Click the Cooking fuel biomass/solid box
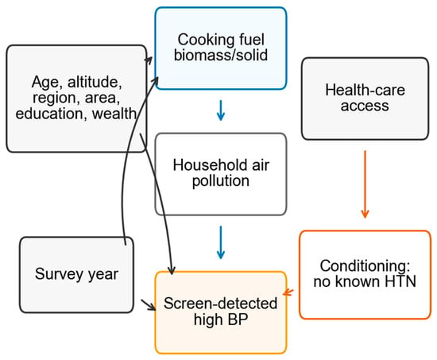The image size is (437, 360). (x=221, y=48)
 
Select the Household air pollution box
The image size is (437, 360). (x=221, y=174)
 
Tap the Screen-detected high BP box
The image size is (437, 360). (x=221, y=312)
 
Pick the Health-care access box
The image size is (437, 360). (x=365, y=99)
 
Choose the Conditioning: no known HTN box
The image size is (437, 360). (x=365, y=275)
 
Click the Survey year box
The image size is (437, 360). (x=76, y=275)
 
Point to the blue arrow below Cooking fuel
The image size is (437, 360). (x=221, y=110)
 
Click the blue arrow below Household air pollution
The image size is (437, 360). (x=221, y=242)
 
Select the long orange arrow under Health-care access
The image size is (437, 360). (x=365, y=184)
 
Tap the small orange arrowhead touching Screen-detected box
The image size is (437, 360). (x=288, y=292)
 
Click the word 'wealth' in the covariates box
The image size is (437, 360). (x=114, y=114)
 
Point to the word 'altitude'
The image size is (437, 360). (x=95, y=82)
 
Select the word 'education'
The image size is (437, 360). (x=49, y=114)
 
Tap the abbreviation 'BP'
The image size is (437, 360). (x=238, y=319)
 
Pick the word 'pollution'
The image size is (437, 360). (x=221, y=181)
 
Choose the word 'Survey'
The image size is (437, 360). (x=59, y=274)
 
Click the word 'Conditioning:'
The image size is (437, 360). (x=365, y=265)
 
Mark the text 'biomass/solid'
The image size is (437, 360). (x=221, y=55)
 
